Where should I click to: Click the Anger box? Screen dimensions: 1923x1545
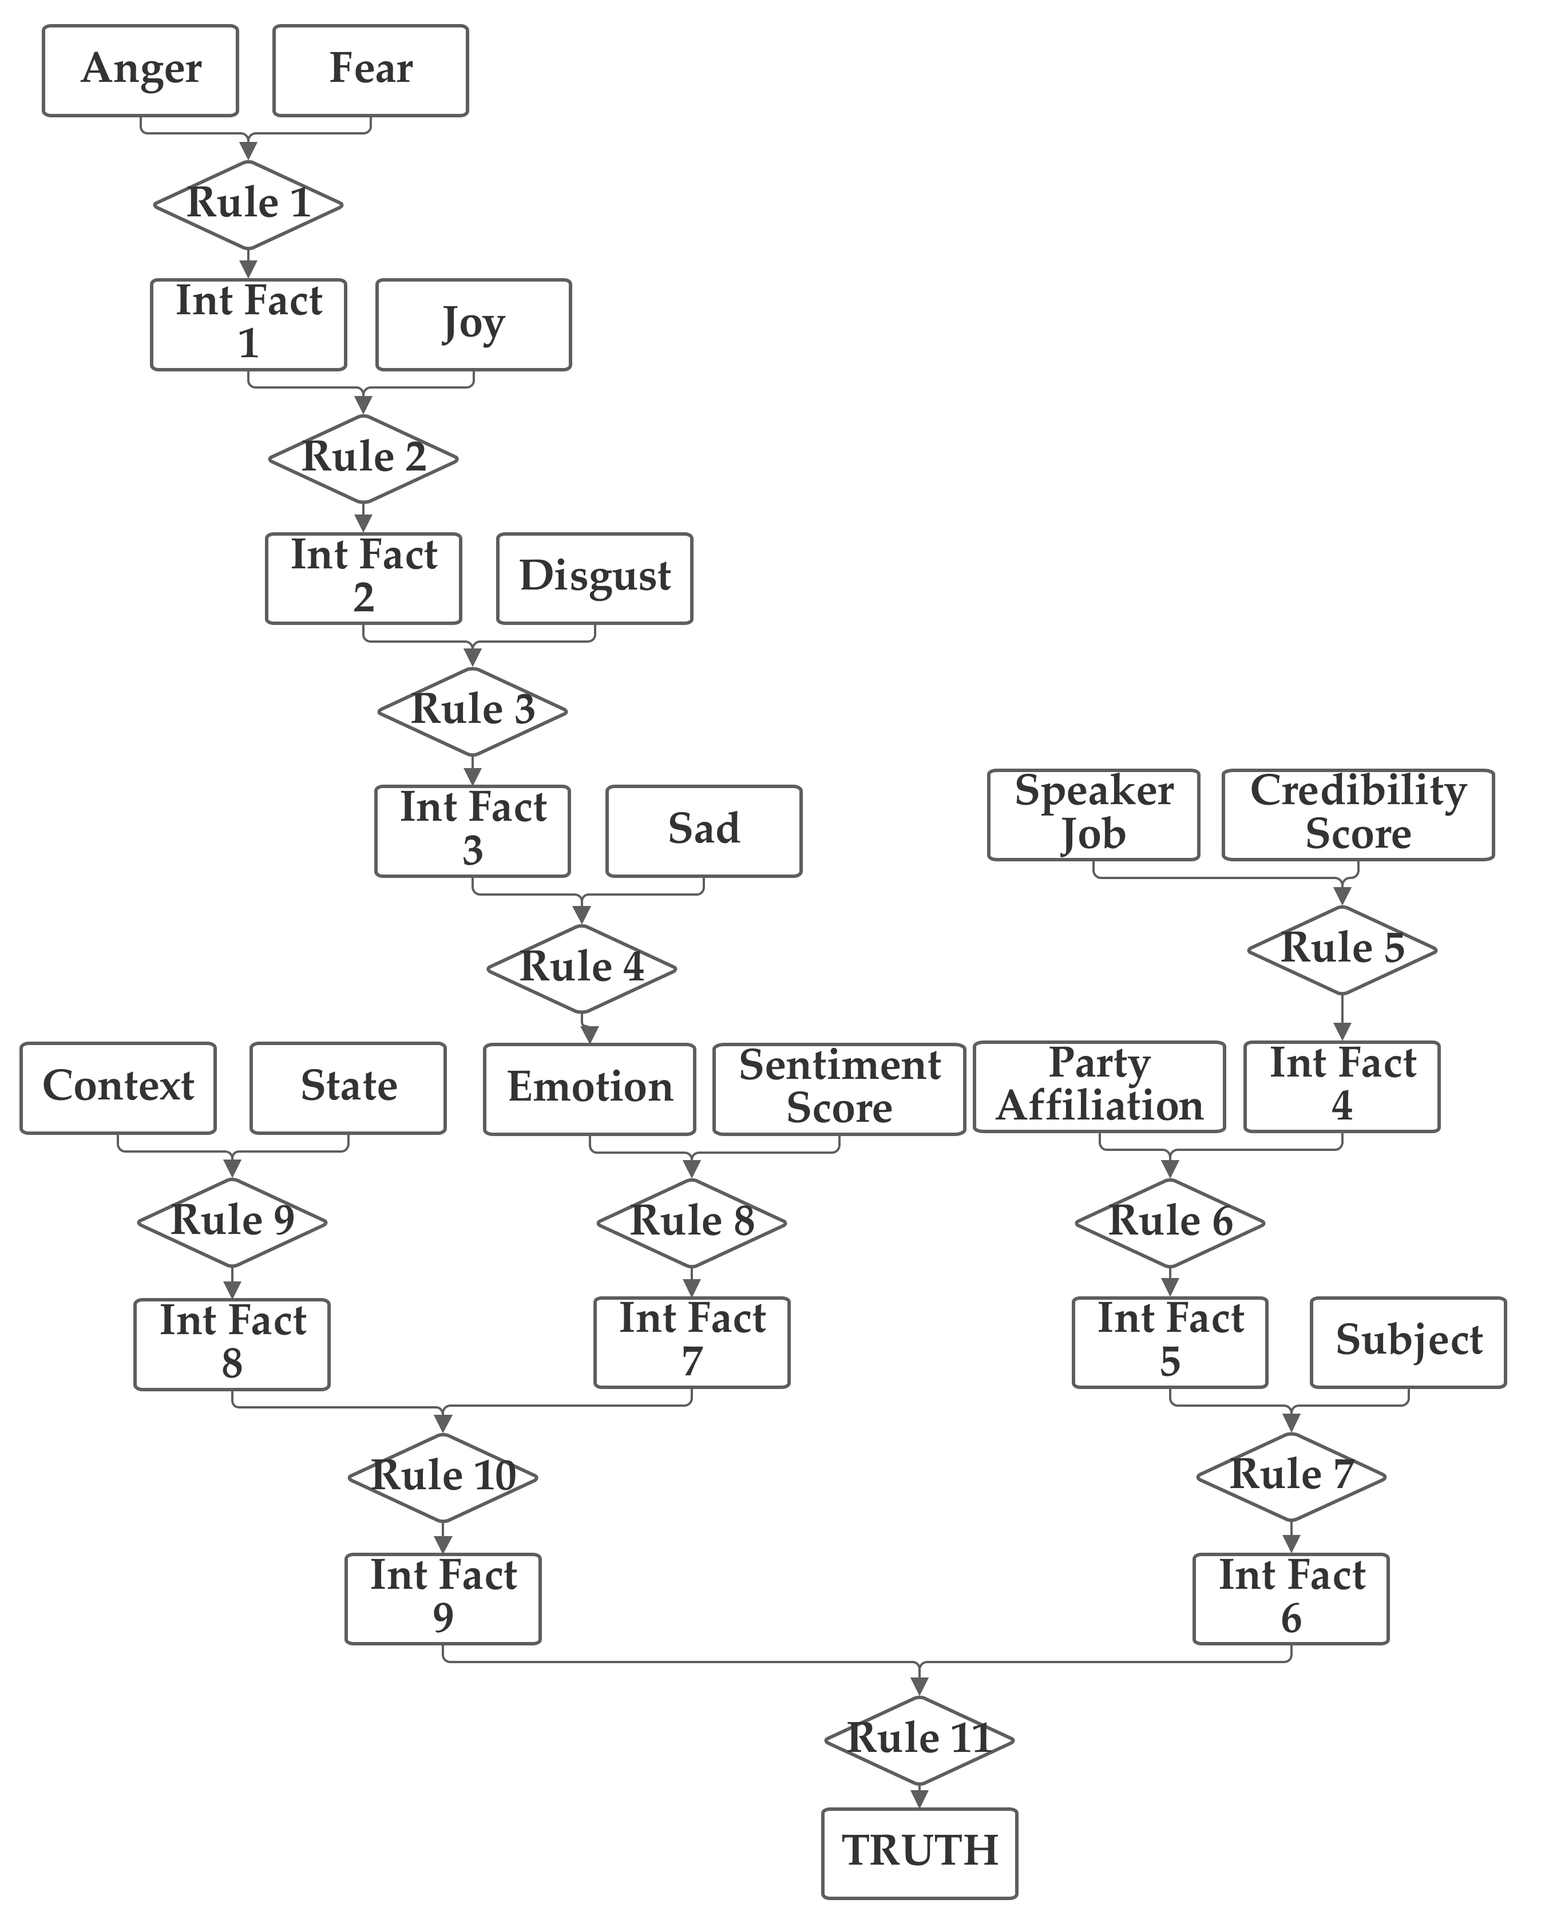click(x=140, y=70)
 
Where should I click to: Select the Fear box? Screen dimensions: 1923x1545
click(x=370, y=70)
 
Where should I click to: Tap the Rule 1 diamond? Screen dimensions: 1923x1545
click(x=248, y=204)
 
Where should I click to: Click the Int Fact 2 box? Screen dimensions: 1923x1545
click(x=363, y=578)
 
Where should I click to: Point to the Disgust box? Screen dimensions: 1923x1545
click(x=594, y=578)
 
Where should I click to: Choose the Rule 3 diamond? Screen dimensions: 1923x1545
click(x=472, y=711)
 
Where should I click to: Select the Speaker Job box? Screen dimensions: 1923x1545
click(x=1093, y=814)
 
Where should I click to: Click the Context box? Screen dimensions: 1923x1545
click(x=118, y=1087)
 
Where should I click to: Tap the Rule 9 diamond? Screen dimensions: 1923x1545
click(x=232, y=1222)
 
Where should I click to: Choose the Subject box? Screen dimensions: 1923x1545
click(x=1408, y=1342)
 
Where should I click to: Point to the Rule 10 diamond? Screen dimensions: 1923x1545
click(x=442, y=1477)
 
